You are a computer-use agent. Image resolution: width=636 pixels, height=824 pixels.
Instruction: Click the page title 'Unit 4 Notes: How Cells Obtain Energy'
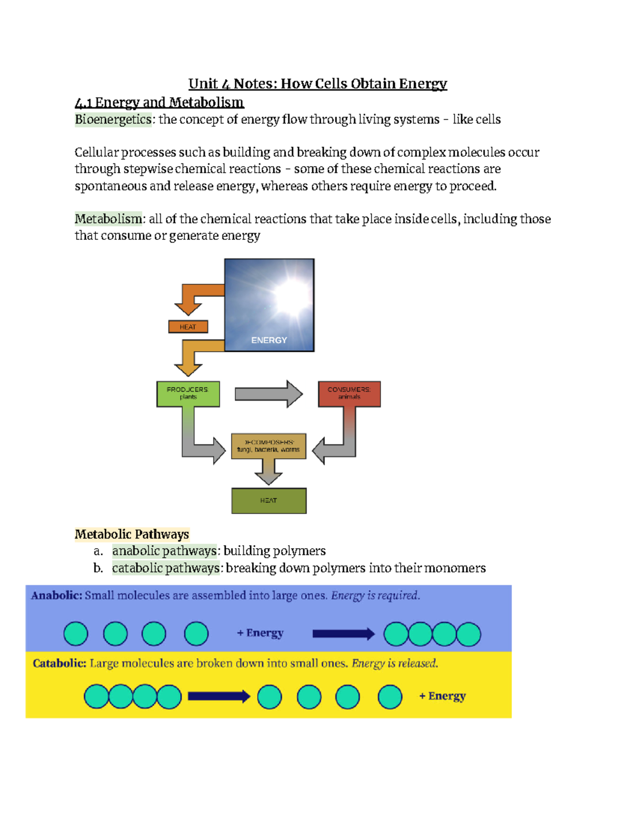[317, 84]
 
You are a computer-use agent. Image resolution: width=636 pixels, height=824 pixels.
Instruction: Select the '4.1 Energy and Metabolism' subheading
[159, 102]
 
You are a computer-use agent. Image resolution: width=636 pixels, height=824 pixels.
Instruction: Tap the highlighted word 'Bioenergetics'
[113, 119]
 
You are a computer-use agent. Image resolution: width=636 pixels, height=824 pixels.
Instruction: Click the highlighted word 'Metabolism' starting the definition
[108, 219]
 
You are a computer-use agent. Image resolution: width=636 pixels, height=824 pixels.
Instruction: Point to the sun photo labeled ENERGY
[269, 305]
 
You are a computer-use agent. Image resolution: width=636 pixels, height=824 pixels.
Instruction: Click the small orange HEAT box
[188, 327]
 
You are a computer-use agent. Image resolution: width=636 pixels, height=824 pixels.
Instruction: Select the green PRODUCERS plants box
[188, 394]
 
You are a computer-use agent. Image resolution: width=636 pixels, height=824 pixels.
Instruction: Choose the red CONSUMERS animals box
[349, 394]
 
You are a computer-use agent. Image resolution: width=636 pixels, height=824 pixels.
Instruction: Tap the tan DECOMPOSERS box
[269, 446]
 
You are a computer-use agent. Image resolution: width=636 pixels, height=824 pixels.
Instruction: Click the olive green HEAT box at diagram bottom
[269, 500]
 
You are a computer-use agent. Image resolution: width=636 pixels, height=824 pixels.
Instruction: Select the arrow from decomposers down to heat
[269, 472]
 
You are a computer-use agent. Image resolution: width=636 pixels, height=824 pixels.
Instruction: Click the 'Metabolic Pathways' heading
[132, 534]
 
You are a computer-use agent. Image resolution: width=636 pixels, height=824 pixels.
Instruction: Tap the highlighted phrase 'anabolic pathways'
[164, 551]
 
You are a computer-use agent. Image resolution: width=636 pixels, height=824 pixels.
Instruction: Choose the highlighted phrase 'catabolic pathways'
[166, 568]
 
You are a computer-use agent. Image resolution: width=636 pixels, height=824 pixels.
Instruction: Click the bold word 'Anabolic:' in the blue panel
[57, 595]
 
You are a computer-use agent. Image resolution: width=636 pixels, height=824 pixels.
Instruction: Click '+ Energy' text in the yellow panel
[443, 696]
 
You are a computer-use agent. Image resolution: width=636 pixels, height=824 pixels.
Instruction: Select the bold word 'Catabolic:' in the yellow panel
[59, 663]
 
